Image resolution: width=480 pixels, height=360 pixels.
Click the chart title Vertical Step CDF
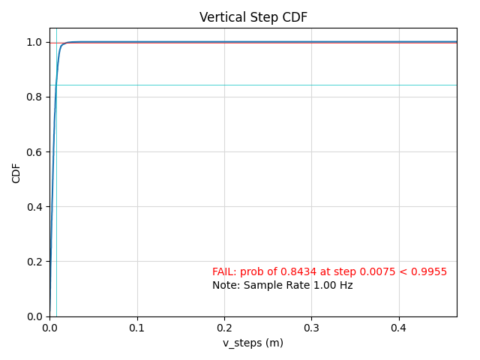click(253, 17)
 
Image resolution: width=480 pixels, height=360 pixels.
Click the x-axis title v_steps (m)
click(253, 343)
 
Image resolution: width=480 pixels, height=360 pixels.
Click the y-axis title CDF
click(16, 172)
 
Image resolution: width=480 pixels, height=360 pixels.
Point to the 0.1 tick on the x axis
click(137, 328)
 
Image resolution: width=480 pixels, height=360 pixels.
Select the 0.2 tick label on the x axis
click(224, 328)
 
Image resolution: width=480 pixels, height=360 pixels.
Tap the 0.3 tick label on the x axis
click(311, 328)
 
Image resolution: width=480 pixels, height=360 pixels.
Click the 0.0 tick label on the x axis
click(49, 328)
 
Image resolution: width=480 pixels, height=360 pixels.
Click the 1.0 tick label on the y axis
click(35, 42)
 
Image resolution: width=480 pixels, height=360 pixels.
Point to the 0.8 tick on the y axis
click(35, 97)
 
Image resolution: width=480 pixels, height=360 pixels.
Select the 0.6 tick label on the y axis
click(35, 151)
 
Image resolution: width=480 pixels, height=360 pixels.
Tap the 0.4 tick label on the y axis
click(35, 207)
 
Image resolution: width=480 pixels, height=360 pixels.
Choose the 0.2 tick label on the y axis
click(35, 262)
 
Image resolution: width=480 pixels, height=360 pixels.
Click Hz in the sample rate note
click(345, 286)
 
